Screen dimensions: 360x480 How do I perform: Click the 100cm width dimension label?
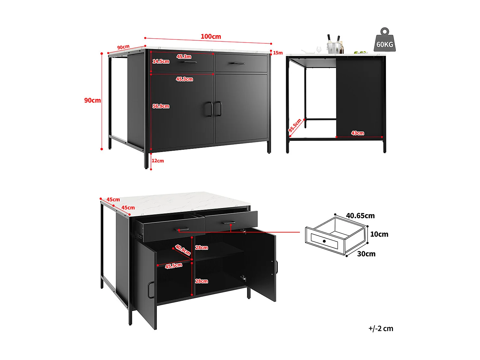pyautogui.click(x=211, y=36)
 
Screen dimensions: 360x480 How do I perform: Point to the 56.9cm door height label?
pyautogui.click(x=161, y=106)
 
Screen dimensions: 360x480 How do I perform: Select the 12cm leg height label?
pyautogui.click(x=158, y=161)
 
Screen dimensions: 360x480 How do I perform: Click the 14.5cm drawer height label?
pyautogui.click(x=161, y=61)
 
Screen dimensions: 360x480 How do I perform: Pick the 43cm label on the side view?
pyautogui.click(x=357, y=133)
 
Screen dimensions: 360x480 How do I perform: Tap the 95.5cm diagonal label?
pyautogui.click(x=295, y=125)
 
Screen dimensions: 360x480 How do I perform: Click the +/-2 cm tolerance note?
pyautogui.click(x=380, y=329)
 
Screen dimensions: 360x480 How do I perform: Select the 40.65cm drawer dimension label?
pyautogui.click(x=360, y=216)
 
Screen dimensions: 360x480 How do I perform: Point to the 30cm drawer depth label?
pyautogui.click(x=366, y=254)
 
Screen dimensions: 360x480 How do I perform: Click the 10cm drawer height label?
pyautogui.click(x=379, y=234)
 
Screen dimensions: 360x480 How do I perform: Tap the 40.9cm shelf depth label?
pyautogui.click(x=183, y=250)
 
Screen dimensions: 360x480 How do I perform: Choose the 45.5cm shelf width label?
pyautogui.click(x=173, y=266)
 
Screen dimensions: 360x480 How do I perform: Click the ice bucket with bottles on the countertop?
pyautogui.click(x=333, y=46)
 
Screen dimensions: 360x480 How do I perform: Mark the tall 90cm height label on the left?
pyautogui.click(x=92, y=100)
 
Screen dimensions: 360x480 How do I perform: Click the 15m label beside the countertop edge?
pyautogui.click(x=278, y=53)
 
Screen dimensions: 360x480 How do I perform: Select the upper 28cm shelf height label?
pyautogui.click(x=202, y=248)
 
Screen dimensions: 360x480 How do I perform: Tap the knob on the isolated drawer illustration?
pyautogui.click(x=324, y=241)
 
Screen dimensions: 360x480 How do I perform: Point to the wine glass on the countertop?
pyautogui.click(x=318, y=50)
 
